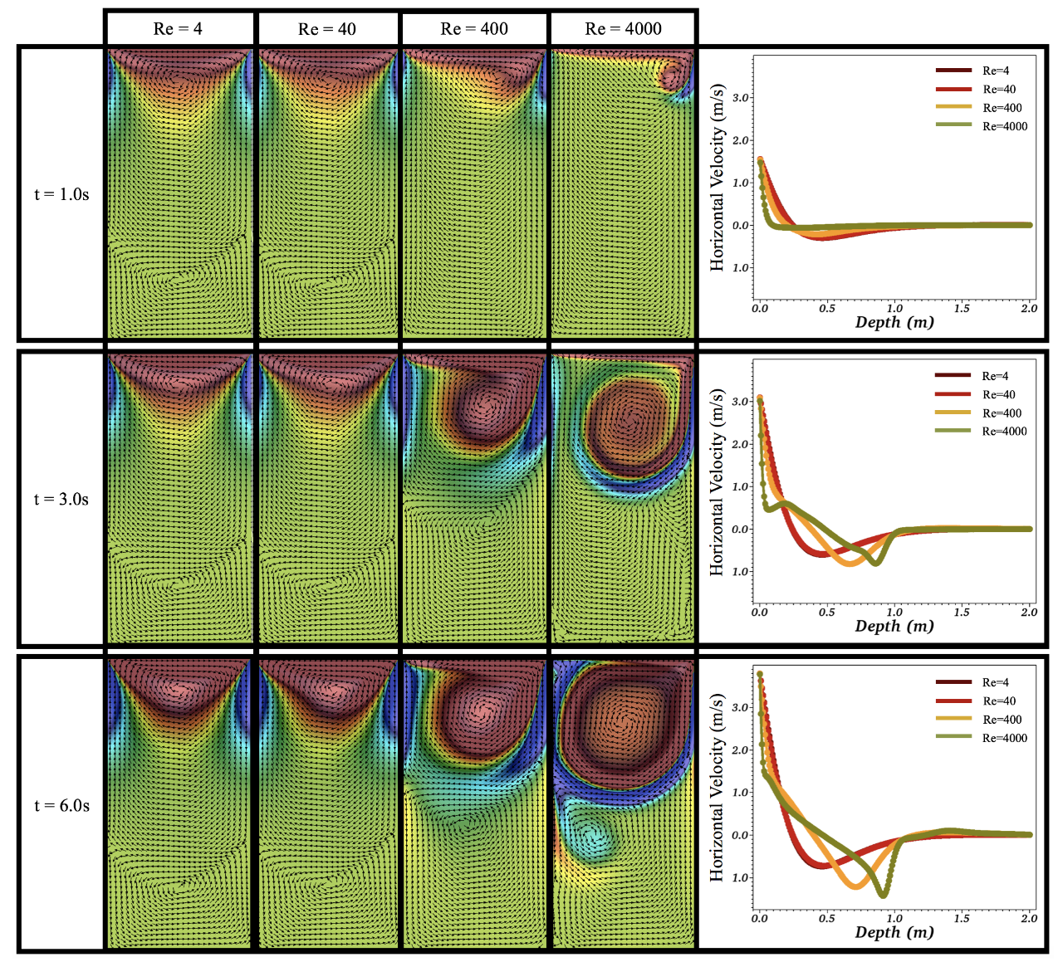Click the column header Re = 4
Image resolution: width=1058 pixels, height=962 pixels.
(178, 29)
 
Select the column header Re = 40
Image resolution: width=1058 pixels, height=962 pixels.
(327, 29)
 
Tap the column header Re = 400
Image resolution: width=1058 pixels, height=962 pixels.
(474, 29)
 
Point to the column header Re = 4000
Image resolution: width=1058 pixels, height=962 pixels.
(623, 29)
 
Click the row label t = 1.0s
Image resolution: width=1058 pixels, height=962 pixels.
(61, 194)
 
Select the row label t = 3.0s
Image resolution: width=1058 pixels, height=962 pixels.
(61, 499)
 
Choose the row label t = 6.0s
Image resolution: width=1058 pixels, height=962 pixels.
(61, 805)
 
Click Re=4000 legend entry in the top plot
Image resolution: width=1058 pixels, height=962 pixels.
(1004, 126)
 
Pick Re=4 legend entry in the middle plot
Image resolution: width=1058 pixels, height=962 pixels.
(995, 376)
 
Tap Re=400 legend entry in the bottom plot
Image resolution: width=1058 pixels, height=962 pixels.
(1002, 720)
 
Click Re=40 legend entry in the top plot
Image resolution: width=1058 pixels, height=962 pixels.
(999, 89)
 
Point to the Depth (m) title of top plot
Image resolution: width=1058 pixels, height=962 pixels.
(894, 322)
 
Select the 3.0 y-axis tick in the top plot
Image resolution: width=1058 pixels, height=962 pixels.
(741, 98)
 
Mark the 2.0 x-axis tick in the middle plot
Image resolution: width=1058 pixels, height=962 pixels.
(1029, 612)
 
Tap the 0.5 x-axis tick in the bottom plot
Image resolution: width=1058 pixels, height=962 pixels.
(826, 918)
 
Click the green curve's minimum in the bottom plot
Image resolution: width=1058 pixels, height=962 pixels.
(883, 894)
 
